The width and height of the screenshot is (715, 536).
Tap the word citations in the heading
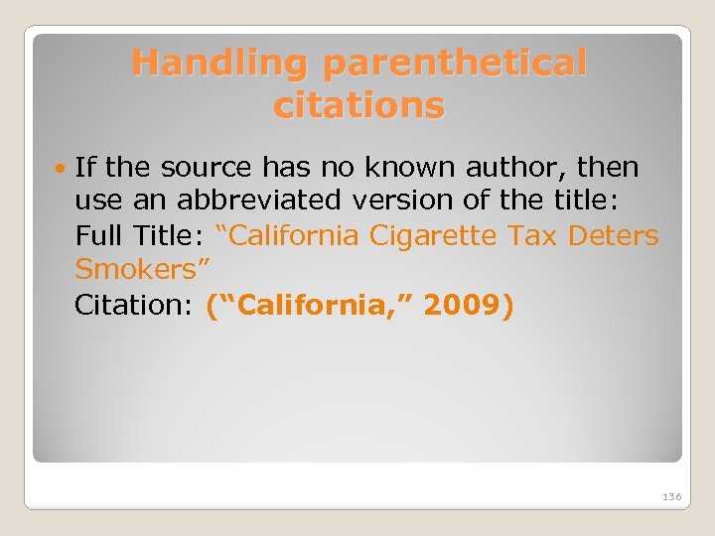pyautogui.click(x=358, y=104)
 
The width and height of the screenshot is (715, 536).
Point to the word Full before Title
pyautogui.click(x=98, y=236)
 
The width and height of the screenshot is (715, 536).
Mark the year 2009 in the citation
pyautogui.click(x=463, y=306)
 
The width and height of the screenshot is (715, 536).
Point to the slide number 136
pyautogui.click(x=670, y=495)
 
